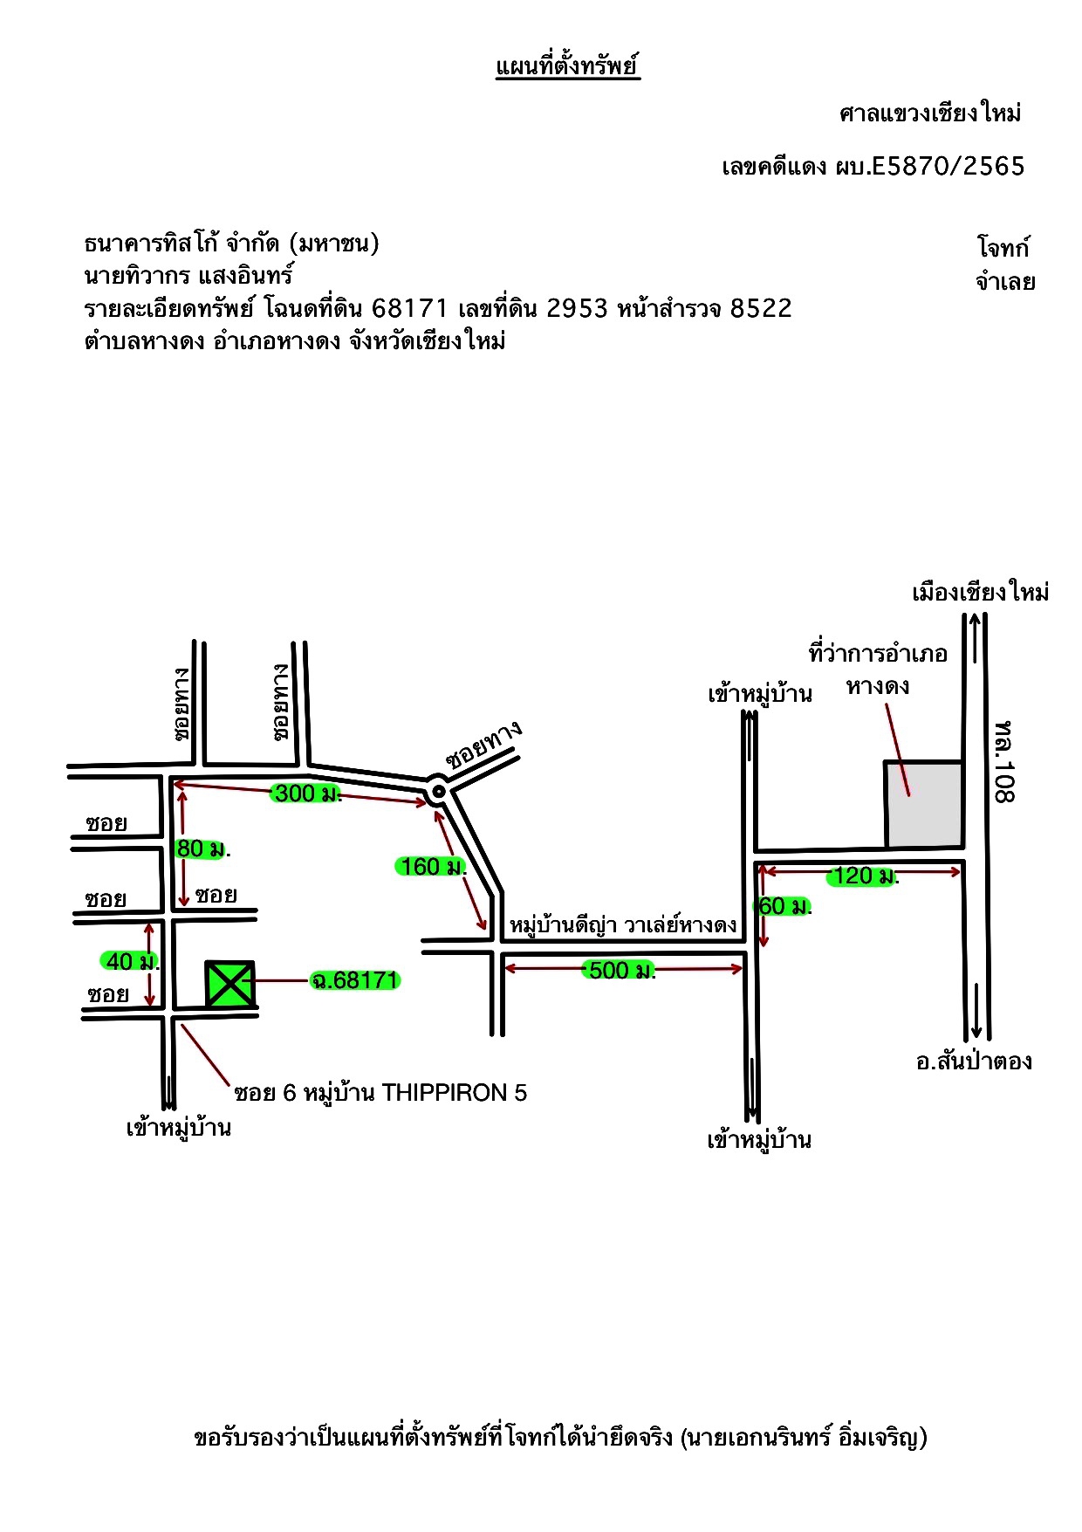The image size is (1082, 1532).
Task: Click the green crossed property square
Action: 229,985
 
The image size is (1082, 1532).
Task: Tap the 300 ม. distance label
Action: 305,793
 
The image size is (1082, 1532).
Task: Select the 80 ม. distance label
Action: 202,848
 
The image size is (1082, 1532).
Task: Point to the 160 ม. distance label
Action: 431,867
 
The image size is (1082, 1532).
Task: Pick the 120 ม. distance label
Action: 863,876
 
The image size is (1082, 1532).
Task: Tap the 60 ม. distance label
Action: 784,906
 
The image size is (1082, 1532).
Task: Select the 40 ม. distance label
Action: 131,961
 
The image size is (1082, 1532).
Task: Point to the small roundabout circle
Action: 438,792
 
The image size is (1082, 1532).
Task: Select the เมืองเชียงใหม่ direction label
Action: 980,592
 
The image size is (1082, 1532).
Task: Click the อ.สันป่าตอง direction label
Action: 974,1061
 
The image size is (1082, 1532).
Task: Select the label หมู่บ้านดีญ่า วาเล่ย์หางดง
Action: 623,924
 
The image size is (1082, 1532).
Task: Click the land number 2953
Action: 577,308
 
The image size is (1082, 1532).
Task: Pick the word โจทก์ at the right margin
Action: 1003,247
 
